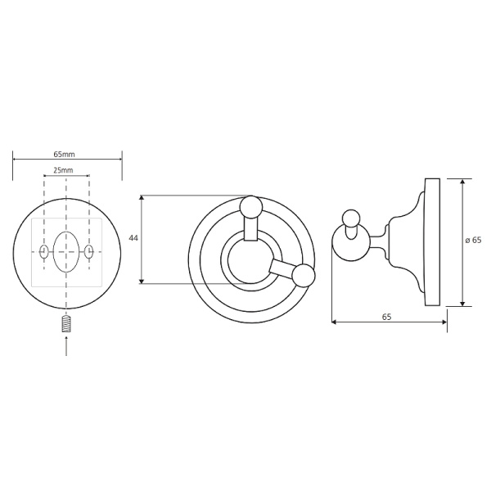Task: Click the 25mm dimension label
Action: coord(65,170)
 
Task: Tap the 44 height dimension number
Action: coord(133,239)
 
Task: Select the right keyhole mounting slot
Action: coord(90,252)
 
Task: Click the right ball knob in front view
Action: coord(304,275)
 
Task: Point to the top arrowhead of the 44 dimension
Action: coord(142,198)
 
